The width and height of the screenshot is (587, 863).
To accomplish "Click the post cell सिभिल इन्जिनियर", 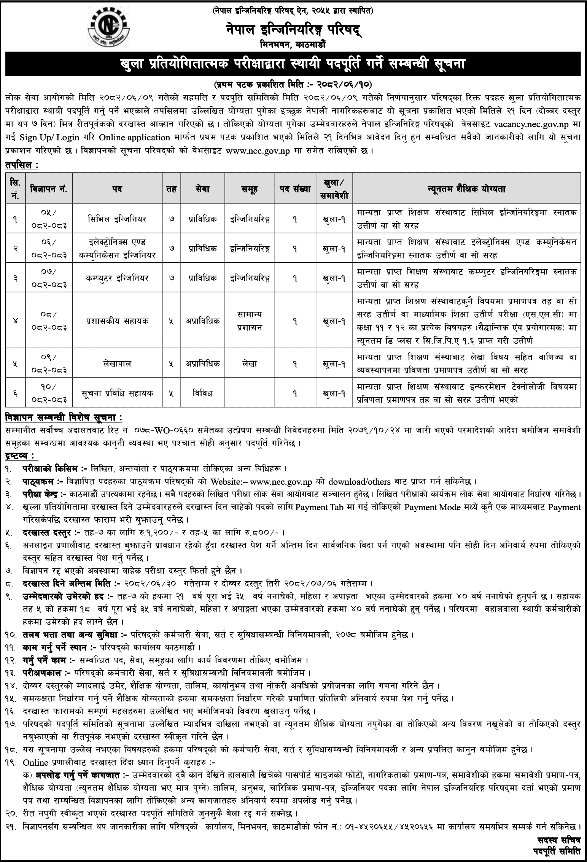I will pyautogui.click(x=117, y=219).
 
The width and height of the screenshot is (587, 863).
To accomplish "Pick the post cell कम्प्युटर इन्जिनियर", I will pyautogui.click(x=117, y=278).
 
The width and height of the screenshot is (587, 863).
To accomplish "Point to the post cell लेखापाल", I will pyautogui.click(x=117, y=364).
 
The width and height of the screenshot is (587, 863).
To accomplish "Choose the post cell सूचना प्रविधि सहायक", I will pyautogui.click(x=117, y=393).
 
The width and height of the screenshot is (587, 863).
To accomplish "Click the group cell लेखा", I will pyautogui.click(x=250, y=364).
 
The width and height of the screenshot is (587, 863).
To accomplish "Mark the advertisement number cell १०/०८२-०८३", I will pyautogui.click(x=50, y=393).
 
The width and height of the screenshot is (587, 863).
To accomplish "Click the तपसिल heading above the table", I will pyautogui.click(x=22, y=165).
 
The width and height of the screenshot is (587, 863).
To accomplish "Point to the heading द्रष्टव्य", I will pyautogui.click(x=21, y=455).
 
